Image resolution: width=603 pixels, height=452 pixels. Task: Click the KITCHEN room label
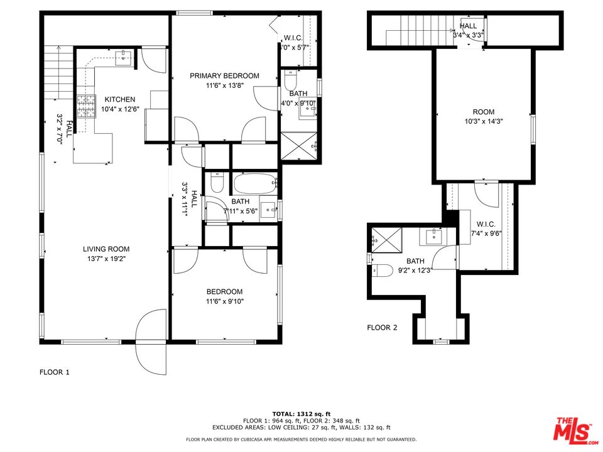coord(119,99)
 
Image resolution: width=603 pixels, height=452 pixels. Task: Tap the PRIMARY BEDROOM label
coord(224,76)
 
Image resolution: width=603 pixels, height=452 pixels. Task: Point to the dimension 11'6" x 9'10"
coord(225,301)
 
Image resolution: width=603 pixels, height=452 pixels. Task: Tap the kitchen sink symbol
coord(123,57)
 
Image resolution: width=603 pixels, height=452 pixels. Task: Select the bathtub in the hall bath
coord(255,184)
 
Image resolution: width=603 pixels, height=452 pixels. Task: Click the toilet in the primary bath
coord(290,80)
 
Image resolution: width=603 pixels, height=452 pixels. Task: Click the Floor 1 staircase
coord(59,72)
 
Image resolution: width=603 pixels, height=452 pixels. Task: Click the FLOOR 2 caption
coord(382,327)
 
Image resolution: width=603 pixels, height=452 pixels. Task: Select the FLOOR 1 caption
coord(54,372)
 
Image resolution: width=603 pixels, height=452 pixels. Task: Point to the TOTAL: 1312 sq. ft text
coord(301,414)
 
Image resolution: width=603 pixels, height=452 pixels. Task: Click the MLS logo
coord(572,429)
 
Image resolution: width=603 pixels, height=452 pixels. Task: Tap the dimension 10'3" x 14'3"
coord(483,121)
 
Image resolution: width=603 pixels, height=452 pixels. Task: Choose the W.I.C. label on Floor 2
coord(486,224)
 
